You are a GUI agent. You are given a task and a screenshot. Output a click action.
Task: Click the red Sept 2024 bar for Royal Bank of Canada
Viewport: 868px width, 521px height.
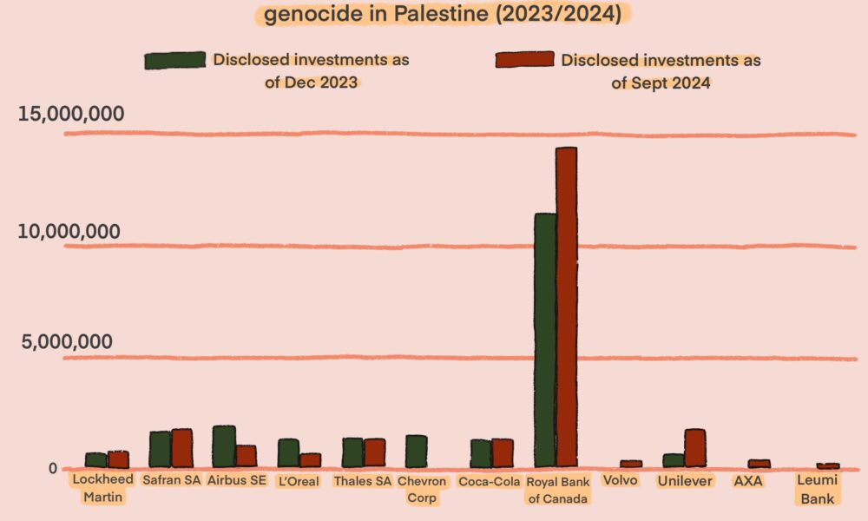566,307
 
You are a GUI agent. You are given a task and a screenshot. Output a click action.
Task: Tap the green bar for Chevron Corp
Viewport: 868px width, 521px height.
417,452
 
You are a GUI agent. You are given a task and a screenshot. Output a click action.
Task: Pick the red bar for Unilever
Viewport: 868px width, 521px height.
694,448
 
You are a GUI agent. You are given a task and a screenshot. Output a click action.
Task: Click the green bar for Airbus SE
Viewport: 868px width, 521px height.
224,446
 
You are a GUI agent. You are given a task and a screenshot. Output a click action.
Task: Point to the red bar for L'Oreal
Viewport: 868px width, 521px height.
310,460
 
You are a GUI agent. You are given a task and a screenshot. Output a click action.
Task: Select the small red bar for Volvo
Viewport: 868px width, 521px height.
631,464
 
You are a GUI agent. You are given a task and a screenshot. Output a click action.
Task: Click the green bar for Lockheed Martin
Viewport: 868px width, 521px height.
95,460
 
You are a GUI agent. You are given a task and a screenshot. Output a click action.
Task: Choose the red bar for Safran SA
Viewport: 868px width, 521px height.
181,448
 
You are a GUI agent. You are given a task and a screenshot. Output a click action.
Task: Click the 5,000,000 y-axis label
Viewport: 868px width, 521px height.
66,342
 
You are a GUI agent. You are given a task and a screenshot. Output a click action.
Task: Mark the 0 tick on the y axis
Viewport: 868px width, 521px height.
52,469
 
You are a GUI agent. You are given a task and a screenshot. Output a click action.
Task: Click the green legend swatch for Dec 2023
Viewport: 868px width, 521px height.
174,60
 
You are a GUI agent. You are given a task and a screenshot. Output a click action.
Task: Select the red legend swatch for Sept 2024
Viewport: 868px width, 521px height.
524,60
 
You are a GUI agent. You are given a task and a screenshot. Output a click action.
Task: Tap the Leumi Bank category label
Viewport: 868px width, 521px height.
817,490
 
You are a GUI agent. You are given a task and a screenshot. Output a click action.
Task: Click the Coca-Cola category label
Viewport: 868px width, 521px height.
489,482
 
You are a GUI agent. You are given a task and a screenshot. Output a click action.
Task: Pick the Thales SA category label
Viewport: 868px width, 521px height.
363,482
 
